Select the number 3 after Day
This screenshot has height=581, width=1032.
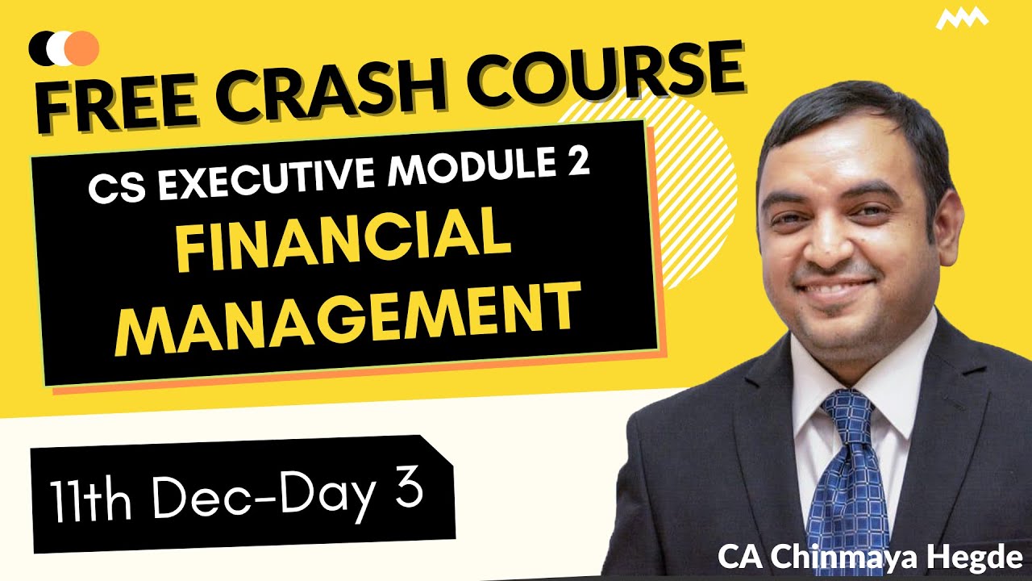409,489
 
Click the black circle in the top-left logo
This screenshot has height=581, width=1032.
40,48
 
